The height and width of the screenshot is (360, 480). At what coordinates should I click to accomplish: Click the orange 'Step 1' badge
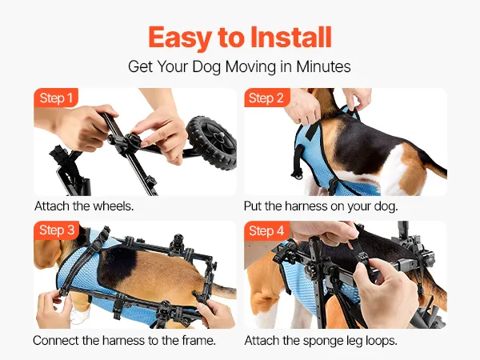coord(56,98)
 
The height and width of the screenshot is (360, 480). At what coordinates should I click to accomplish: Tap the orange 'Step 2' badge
coord(266,98)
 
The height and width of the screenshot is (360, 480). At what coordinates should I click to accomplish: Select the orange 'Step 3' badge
coord(57,230)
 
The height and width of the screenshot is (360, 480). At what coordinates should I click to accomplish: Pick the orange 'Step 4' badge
coord(266,231)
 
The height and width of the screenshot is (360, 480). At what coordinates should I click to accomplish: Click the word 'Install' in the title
coord(291,38)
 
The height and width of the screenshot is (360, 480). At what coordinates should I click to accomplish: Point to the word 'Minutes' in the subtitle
coord(323,66)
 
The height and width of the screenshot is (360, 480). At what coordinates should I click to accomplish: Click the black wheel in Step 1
coord(211,142)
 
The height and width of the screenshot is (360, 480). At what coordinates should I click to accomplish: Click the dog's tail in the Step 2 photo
coord(433,166)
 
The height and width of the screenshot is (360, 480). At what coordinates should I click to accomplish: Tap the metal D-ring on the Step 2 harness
coord(297,176)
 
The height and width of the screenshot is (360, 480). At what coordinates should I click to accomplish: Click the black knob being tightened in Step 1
coord(133,140)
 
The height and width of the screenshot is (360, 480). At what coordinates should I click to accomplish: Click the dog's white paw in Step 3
coord(80,315)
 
